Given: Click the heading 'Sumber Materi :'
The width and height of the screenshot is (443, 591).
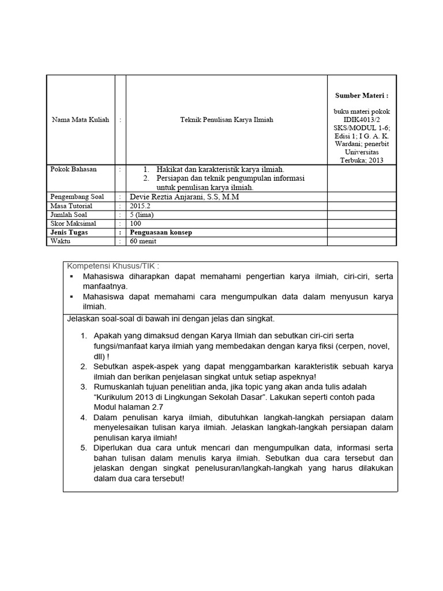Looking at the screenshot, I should (x=362, y=95).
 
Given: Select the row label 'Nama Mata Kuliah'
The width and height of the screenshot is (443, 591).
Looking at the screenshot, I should (x=80, y=120).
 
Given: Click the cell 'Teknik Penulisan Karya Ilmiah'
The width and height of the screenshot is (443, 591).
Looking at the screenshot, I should (x=227, y=120).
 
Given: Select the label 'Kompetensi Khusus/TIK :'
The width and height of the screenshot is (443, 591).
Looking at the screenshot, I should (x=113, y=265).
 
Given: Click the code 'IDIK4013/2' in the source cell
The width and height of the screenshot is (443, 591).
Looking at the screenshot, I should (x=362, y=119).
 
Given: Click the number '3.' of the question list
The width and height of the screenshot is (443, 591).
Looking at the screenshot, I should (x=84, y=386).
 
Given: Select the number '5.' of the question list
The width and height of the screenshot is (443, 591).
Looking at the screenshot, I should (x=84, y=448).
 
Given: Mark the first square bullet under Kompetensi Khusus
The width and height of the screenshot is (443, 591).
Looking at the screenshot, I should (x=72, y=276).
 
